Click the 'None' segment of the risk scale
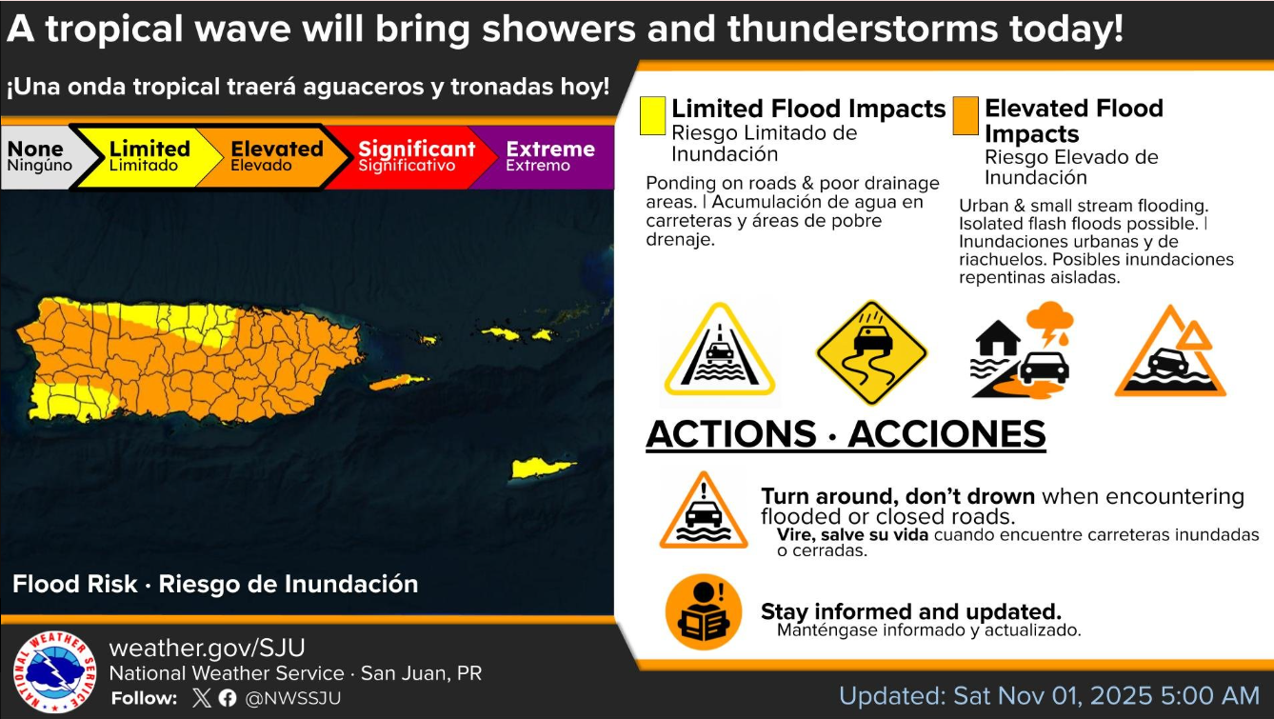click(x=40, y=157)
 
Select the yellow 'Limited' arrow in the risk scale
click(x=149, y=157)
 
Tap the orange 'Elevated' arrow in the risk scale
click(x=274, y=157)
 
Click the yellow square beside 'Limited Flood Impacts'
click(x=652, y=116)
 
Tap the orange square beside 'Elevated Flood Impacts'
click(x=965, y=116)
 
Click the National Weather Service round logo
click(x=54, y=671)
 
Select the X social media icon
click(x=201, y=698)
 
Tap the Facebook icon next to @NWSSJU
click(x=228, y=698)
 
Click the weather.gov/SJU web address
click(x=207, y=648)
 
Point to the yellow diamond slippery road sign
click(x=871, y=352)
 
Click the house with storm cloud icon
click(x=1022, y=350)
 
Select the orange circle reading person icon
click(x=704, y=611)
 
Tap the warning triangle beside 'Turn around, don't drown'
click(x=704, y=510)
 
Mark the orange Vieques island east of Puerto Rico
click(x=398, y=382)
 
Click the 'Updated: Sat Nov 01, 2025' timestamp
click(x=1049, y=696)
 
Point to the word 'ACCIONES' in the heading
click(x=947, y=434)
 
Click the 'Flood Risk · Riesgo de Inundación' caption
click(x=215, y=584)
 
